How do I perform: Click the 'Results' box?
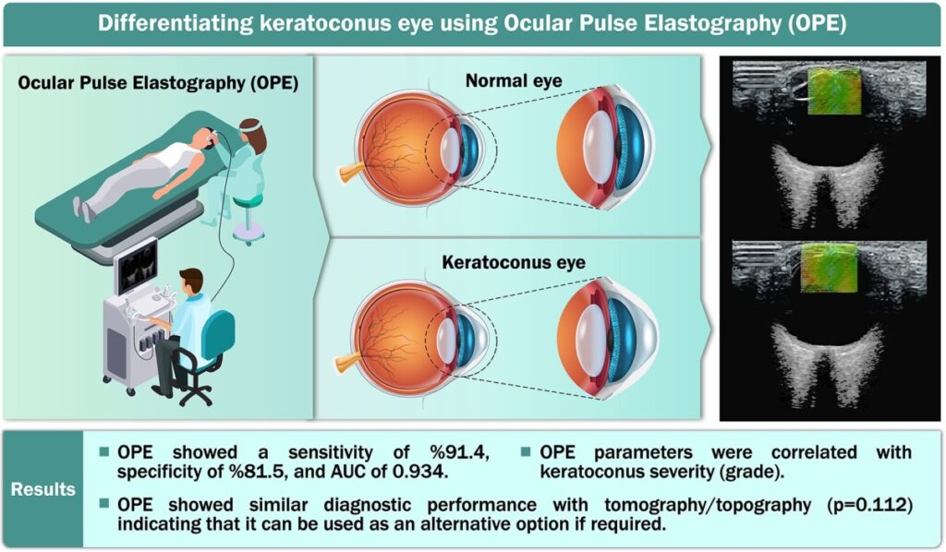[43, 489]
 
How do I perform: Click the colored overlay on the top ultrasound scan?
[834, 92]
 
